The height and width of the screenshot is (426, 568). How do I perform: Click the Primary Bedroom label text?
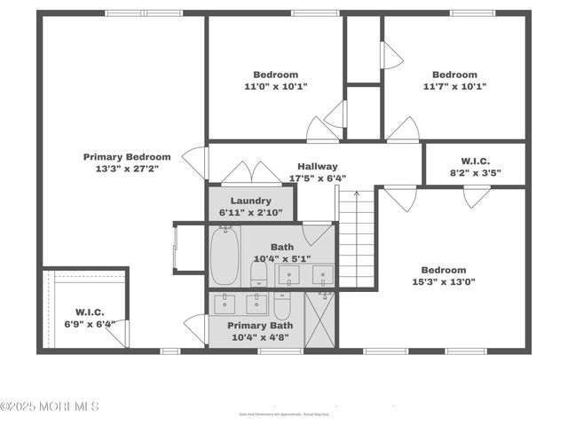point(127,157)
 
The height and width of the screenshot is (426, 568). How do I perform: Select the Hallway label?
point(318,167)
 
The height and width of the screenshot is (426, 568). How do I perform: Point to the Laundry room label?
point(250,201)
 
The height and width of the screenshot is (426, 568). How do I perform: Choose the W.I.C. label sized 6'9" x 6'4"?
point(89,312)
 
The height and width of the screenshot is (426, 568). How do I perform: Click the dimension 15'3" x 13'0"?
point(444,282)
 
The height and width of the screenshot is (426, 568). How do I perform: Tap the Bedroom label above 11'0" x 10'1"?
point(276,75)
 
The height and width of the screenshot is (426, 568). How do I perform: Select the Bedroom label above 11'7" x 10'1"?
point(454,75)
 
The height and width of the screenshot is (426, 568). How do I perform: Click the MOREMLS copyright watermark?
point(50,406)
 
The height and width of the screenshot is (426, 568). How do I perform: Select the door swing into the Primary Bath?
point(195,328)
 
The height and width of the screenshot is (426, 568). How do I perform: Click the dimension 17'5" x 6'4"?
point(318,177)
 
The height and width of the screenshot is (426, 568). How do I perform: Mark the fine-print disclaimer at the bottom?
point(283,414)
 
